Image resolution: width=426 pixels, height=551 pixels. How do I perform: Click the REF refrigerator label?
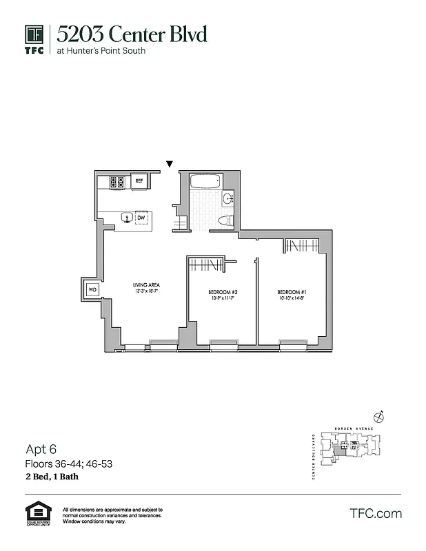coord(139,181)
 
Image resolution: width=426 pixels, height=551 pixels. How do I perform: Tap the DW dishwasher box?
coord(141,218)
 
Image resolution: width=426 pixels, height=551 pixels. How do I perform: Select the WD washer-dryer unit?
coord(92,289)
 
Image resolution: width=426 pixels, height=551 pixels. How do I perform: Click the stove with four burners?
coord(116,182)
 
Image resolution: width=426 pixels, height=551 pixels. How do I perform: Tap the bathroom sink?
coord(228,199)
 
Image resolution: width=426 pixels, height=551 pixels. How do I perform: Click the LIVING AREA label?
coord(146,284)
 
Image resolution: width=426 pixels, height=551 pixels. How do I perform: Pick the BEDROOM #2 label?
coord(223,292)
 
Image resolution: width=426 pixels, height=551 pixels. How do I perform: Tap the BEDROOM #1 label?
coord(292,292)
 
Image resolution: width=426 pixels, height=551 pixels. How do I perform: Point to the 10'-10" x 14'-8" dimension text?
coord(292,299)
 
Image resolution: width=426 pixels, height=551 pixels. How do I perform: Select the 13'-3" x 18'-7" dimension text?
coord(146,291)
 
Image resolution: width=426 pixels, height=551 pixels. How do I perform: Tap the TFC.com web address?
coord(376,513)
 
